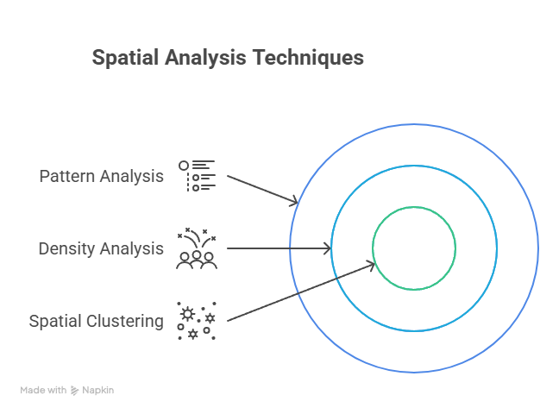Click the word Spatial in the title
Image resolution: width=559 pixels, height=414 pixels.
(x=125, y=58)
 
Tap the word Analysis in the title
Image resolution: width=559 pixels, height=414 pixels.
(x=205, y=58)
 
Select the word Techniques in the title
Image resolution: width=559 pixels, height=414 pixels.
(x=308, y=58)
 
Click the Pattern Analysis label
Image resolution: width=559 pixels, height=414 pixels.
(x=101, y=176)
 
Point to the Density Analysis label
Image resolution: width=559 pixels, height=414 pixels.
(x=101, y=248)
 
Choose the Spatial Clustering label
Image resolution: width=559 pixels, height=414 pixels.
(x=97, y=321)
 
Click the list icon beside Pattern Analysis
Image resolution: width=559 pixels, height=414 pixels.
(x=197, y=176)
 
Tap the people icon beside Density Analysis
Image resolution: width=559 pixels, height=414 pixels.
(x=197, y=248)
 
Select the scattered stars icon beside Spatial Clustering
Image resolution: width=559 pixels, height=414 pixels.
(x=197, y=321)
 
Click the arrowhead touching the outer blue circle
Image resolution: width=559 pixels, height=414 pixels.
(x=294, y=201)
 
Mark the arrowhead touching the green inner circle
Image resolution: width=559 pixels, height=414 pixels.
(x=371, y=265)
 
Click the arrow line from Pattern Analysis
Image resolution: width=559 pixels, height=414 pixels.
(x=262, y=190)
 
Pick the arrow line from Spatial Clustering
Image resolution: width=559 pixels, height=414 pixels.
(x=301, y=292)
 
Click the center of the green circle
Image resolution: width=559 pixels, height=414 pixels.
(x=414, y=248)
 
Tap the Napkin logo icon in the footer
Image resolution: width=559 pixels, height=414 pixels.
(x=74, y=391)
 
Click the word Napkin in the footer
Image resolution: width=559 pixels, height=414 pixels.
(x=98, y=391)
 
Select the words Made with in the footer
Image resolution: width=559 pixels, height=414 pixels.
(x=43, y=390)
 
